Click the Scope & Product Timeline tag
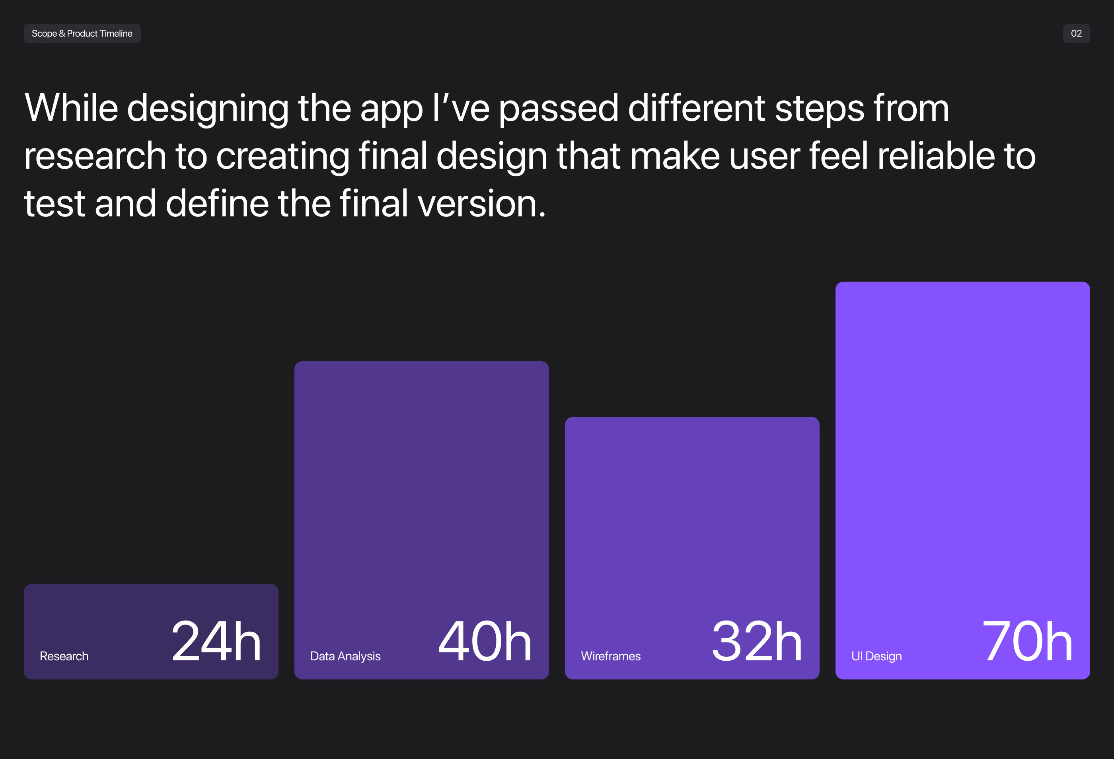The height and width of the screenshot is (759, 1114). click(82, 33)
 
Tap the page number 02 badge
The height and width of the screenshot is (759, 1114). click(1076, 33)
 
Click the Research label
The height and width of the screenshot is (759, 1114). click(64, 656)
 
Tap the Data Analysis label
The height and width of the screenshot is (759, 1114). click(345, 656)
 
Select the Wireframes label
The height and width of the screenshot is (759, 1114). click(611, 656)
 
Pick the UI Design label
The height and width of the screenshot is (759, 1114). click(876, 656)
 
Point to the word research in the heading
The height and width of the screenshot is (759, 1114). click(95, 156)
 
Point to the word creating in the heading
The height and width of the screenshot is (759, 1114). click(283, 157)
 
